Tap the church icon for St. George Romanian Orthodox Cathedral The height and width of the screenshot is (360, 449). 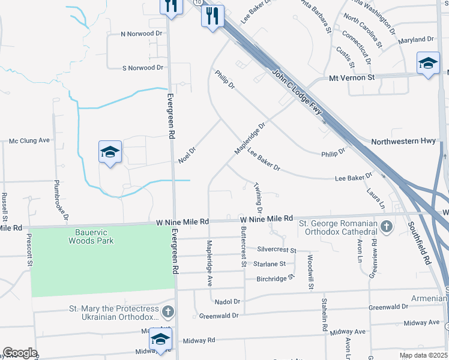point(387,227)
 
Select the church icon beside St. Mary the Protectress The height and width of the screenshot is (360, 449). point(168,311)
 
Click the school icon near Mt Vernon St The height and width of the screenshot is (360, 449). point(427,64)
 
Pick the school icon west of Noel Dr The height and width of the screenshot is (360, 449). point(110,152)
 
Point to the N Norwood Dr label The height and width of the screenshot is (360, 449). point(142,34)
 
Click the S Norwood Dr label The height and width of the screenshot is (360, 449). point(143,68)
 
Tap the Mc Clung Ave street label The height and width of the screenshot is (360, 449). point(29,140)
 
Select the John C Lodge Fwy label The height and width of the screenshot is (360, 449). point(297,92)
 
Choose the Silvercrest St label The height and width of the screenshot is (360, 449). point(277,249)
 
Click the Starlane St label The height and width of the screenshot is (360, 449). point(270,263)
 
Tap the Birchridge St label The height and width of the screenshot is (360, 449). point(277,278)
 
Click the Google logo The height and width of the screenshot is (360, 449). point(20,353)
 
